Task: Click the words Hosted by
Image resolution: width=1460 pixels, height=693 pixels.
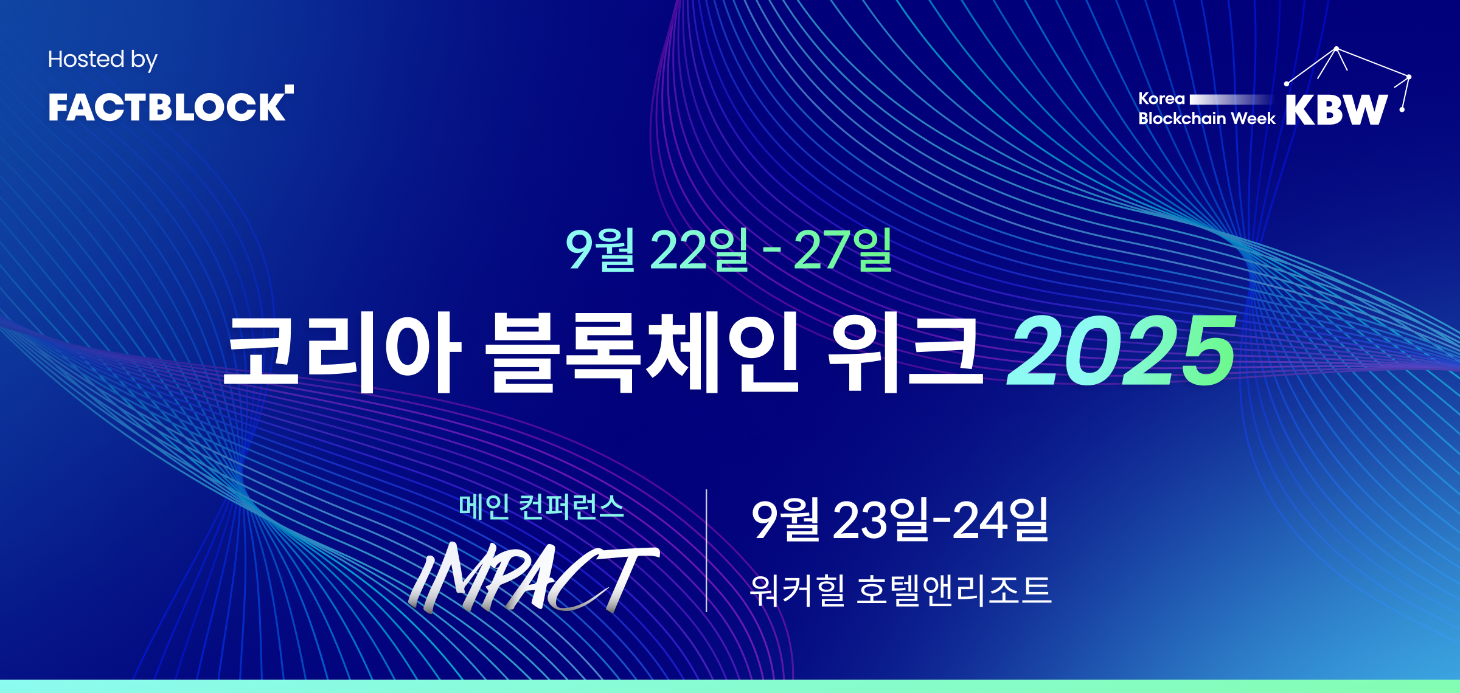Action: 102,60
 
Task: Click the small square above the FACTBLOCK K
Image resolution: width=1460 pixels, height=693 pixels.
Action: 290,89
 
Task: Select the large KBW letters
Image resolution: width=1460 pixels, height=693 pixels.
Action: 1337,109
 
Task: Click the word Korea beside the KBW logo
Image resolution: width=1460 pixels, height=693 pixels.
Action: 1161,98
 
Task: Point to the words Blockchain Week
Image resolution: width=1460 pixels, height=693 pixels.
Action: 1207,118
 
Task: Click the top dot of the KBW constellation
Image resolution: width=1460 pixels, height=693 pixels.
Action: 1336,48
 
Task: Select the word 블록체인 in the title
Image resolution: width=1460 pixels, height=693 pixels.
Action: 641,351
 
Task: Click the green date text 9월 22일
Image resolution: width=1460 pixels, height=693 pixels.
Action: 657,249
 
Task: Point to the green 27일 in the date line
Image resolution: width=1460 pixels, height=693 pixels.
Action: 843,249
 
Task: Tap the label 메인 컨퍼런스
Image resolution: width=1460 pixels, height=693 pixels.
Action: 541,506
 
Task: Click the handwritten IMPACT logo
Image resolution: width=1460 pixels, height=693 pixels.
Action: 533,576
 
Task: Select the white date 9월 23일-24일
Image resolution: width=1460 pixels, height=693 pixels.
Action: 900,520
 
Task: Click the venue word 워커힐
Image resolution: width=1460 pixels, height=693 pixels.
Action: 798,590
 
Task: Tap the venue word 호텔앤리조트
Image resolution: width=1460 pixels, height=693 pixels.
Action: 954,590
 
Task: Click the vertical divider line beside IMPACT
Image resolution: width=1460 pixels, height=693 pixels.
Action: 706,550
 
